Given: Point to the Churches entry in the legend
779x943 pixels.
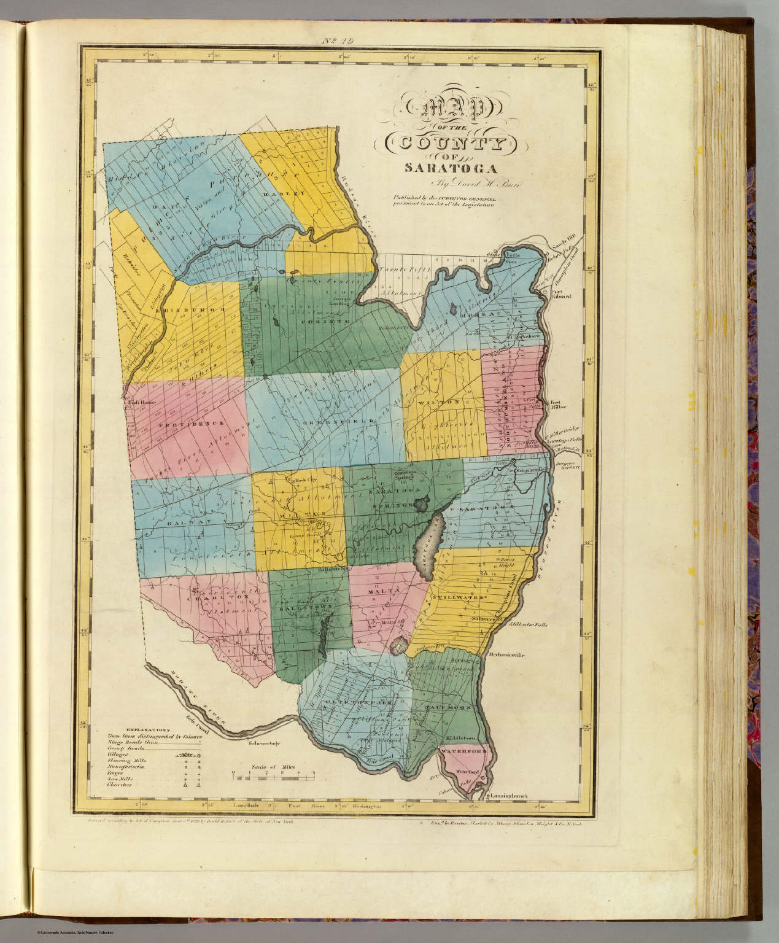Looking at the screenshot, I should click(118, 784).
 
